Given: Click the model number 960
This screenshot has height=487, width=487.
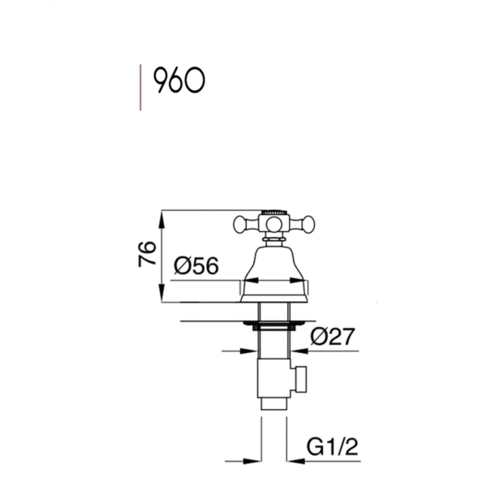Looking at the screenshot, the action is (179, 80).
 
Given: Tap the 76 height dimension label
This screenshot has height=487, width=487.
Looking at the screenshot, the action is (147, 254).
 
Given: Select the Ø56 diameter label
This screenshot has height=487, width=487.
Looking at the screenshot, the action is (196, 265).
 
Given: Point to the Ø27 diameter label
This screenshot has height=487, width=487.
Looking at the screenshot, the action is (332, 336).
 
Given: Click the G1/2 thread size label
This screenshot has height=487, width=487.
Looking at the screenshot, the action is (332, 446).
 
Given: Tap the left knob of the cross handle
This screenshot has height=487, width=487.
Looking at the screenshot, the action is (240, 224).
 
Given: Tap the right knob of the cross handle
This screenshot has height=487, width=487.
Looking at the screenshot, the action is (308, 224).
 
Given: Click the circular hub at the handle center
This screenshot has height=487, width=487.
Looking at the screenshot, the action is (274, 224).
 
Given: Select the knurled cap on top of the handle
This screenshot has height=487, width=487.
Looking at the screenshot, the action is (274, 212).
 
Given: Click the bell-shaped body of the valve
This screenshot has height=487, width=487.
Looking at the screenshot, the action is (274, 274).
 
